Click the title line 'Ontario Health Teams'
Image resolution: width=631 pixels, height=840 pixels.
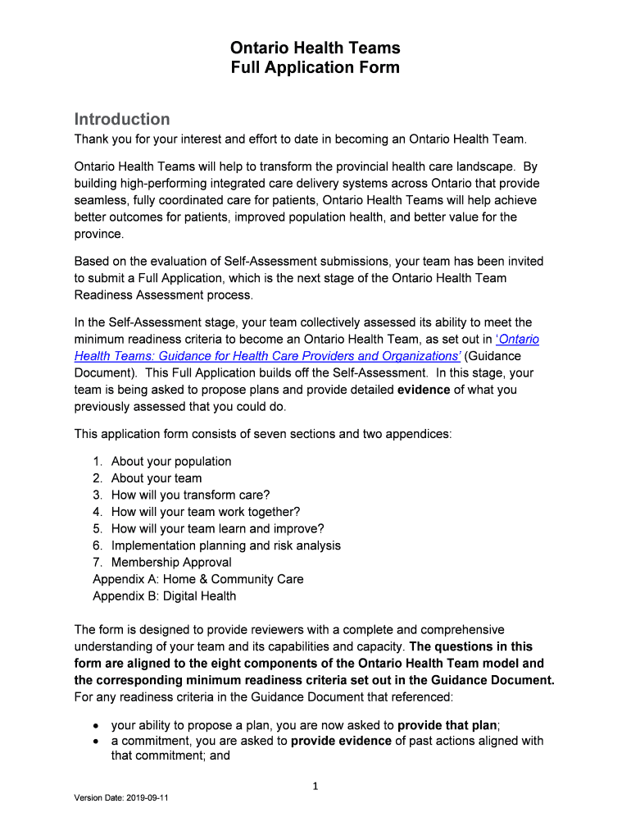pyautogui.click(x=315, y=48)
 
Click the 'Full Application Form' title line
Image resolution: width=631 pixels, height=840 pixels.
pyautogui.click(x=315, y=68)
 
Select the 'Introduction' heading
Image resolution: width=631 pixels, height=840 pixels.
pyautogui.click(x=122, y=119)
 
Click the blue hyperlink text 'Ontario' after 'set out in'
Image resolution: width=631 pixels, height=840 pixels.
pyautogui.click(x=520, y=340)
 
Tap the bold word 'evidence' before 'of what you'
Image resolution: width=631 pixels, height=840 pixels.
pyautogui.click(x=424, y=390)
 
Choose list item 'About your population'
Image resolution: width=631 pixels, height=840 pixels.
pyautogui.click(x=171, y=461)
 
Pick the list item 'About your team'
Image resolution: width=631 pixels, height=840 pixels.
pyautogui.click(x=157, y=478)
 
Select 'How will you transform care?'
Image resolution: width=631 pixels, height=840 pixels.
pyautogui.click(x=190, y=495)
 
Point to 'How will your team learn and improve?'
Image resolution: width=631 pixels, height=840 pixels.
pyautogui.click(x=217, y=528)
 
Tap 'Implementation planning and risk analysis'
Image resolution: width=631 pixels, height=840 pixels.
pyautogui.click(x=226, y=546)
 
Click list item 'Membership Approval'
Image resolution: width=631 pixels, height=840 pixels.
pyautogui.click(x=171, y=562)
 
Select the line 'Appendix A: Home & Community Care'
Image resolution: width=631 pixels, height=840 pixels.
pyautogui.click(x=197, y=579)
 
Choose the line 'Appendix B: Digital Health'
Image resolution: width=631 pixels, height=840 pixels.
pyautogui.click(x=164, y=596)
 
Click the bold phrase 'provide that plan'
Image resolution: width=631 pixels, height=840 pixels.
pyautogui.click(x=448, y=725)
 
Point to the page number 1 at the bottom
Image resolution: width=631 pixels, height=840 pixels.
pyautogui.click(x=315, y=787)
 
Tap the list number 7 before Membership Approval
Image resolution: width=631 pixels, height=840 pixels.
pyautogui.click(x=97, y=562)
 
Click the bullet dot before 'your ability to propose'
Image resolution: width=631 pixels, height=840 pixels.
pyautogui.click(x=97, y=726)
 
